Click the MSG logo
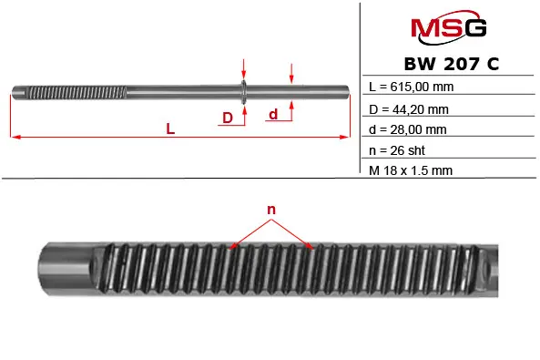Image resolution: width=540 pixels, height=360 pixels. tap(448, 27)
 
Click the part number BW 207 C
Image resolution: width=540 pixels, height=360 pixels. tap(451, 64)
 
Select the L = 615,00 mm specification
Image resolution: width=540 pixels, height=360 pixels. tap(412, 87)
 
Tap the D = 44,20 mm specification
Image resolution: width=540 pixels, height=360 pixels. tap(409, 109)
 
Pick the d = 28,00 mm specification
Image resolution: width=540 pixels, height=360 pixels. tap(408, 129)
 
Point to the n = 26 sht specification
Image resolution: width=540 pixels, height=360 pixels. tap(397, 150)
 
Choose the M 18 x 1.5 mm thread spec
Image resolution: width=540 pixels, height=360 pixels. tap(411, 170)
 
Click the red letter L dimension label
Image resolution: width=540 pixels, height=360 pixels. tap(170, 129)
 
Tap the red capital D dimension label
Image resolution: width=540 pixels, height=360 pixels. tap(228, 118)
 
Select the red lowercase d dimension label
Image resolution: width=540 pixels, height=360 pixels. tap(273, 114)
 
